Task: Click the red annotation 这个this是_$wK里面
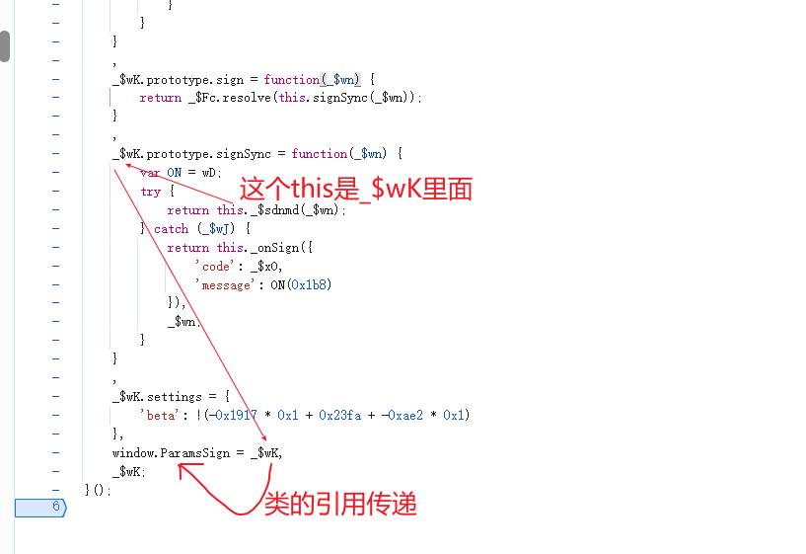coord(357,189)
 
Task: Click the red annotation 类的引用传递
coord(340,504)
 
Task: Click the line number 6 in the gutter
coord(56,508)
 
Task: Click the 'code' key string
coord(214,266)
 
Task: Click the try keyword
coord(150,192)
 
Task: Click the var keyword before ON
coord(150,172)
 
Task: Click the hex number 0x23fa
coord(338,415)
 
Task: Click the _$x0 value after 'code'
coord(265,266)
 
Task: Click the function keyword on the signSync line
coord(320,154)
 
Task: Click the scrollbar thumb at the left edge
coord(5,46)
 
